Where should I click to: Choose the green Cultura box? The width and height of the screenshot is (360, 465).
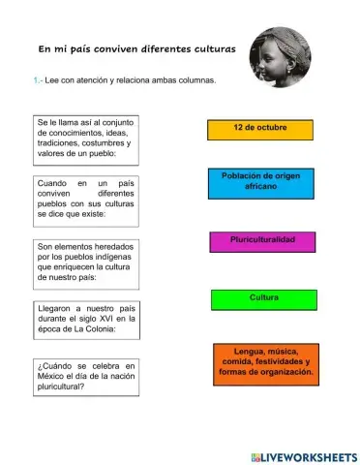pos(263,299)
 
